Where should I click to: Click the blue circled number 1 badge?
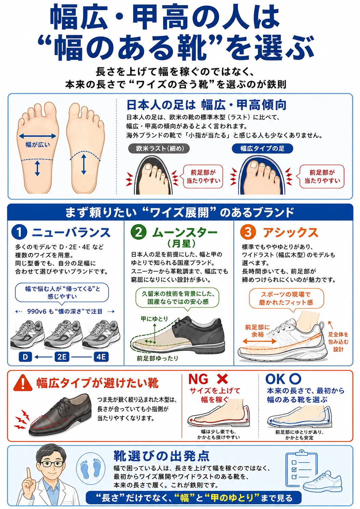click(19, 232)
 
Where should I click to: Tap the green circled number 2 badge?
click(138, 232)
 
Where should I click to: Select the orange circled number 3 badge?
click(248, 232)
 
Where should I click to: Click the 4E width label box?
click(101, 357)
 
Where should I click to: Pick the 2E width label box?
click(62, 357)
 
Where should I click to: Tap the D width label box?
click(25, 357)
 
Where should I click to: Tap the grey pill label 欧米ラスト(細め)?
click(159, 149)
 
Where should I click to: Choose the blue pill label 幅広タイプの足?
click(262, 149)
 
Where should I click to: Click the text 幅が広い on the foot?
click(38, 144)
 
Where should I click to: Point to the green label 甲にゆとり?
click(154, 319)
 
